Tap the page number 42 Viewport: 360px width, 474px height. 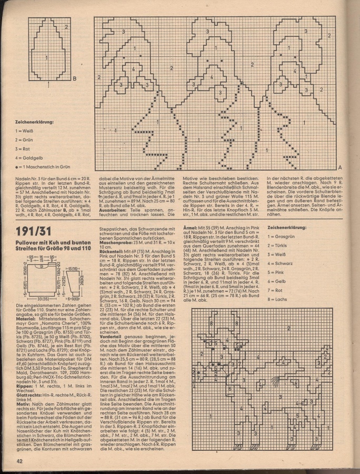(18, 461)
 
